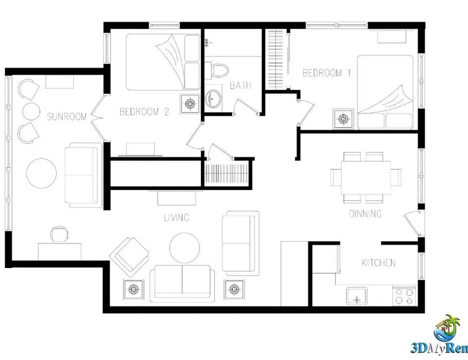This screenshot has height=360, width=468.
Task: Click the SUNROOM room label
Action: point(67,117)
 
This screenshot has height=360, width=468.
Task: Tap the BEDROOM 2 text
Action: point(144,112)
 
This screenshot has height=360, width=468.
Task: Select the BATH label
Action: point(241,85)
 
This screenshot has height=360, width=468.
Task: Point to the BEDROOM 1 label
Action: point(327,73)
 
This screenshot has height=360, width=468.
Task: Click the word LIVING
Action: point(176,218)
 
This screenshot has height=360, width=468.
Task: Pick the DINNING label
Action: point(365,213)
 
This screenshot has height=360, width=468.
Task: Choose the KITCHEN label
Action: point(378,263)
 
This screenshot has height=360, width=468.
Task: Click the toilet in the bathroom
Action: point(217,70)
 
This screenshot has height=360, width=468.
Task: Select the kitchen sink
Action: point(357,296)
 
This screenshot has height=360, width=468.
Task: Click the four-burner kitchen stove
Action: point(404,296)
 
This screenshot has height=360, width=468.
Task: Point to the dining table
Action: point(366,178)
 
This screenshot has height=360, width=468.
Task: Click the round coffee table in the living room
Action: point(185,248)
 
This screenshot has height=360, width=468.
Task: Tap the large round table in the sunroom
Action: point(42,173)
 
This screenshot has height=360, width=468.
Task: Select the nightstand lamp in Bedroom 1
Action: point(343,119)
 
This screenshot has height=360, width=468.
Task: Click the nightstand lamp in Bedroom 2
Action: point(190,104)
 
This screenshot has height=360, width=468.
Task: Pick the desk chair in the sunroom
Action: point(59,233)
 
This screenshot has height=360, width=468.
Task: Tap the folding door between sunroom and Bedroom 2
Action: point(97,118)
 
